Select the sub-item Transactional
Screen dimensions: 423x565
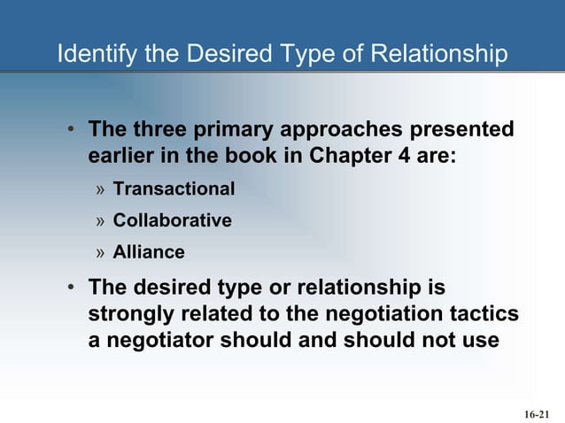(174, 189)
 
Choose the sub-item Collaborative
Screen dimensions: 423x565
(172, 220)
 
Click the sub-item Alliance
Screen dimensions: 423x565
(149, 252)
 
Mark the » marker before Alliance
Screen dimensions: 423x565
(102, 253)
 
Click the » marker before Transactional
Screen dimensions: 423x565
(102, 190)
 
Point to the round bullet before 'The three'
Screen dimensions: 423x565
(73, 131)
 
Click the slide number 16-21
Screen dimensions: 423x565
(537, 413)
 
